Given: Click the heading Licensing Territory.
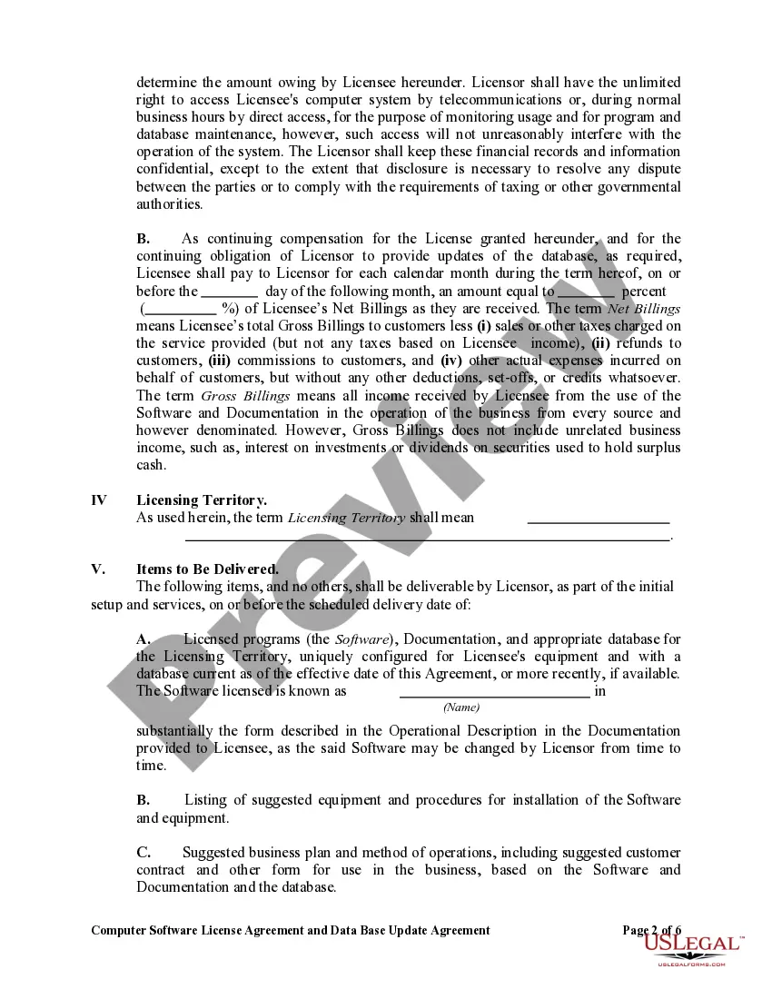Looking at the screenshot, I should click(x=202, y=500).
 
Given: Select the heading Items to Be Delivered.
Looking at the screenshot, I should click(x=207, y=569).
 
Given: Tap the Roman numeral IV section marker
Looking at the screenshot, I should click(x=99, y=500).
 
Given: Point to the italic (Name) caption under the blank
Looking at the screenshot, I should click(x=461, y=707).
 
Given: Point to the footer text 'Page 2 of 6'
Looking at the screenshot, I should click(x=652, y=930).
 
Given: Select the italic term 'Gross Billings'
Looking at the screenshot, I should click(x=245, y=396).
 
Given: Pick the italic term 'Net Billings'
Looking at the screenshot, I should click(x=644, y=309).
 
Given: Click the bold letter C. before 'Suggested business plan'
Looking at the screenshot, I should click(x=144, y=853).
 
